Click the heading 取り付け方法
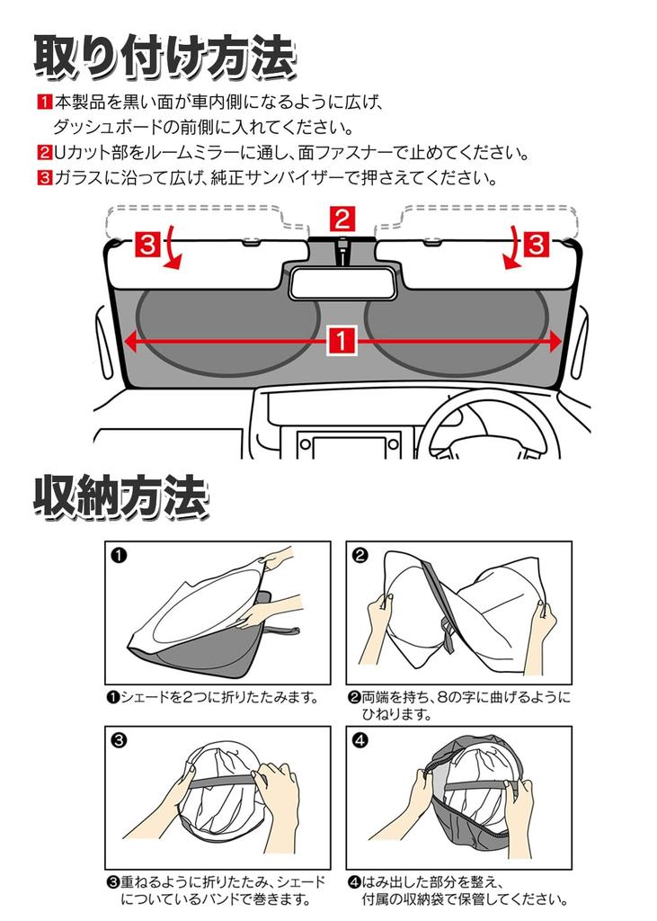(164, 57)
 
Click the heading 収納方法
(121, 496)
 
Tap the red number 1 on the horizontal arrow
(342, 341)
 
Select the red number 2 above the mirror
(342, 219)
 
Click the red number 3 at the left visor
(148, 244)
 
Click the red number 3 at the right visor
(535, 244)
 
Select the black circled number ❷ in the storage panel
(360, 555)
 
